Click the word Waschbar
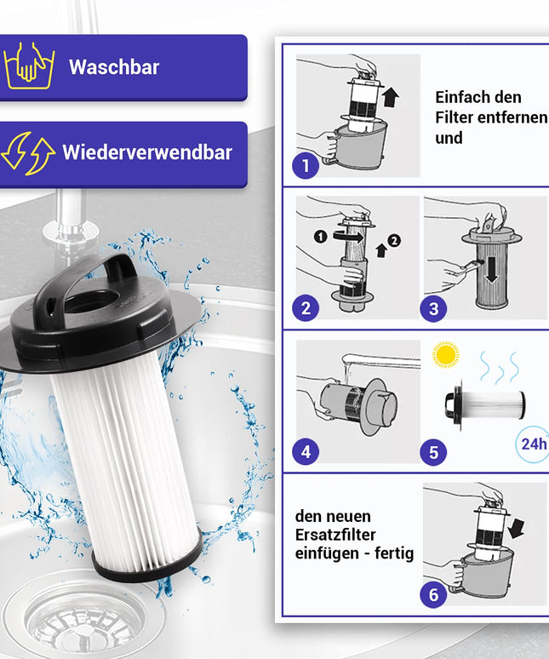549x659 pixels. [x=114, y=67]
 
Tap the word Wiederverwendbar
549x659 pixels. [x=146, y=153]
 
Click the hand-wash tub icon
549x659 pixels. [x=29, y=68]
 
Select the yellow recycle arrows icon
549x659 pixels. [x=27, y=154]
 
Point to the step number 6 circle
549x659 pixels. [x=433, y=593]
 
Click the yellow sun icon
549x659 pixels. [x=445, y=354]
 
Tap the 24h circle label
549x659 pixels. [x=533, y=444]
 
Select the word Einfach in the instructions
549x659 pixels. [x=466, y=97]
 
